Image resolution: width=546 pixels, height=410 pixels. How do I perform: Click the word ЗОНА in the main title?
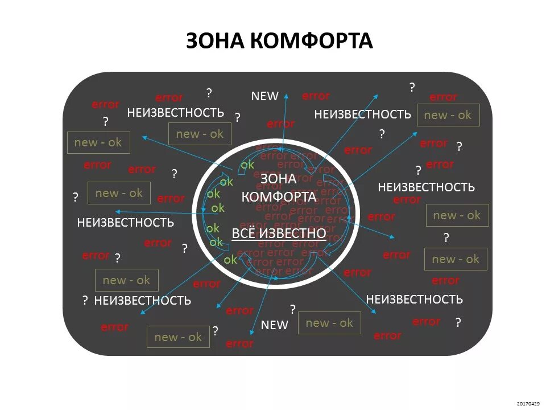click(x=215, y=40)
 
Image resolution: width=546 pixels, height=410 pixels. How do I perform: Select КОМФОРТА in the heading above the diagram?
click(x=311, y=40)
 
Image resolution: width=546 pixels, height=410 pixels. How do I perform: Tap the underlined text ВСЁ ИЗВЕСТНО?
click(x=279, y=233)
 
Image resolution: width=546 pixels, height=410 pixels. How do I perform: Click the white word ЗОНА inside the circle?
click(x=278, y=178)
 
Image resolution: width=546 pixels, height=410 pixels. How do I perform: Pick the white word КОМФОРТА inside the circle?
click(x=279, y=197)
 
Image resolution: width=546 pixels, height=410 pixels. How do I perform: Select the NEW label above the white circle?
click(x=264, y=96)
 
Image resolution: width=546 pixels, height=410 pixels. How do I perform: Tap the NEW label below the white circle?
click(x=275, y=325)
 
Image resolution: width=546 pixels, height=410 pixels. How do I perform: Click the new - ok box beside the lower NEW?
click(x=329, y=323)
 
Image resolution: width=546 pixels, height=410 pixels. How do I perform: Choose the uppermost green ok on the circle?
click(x=247, y=165)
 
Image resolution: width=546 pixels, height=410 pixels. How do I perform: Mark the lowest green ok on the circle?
click(x=230, y=260)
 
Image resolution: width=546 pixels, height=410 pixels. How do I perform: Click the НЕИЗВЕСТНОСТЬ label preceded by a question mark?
click(x=142, y=300)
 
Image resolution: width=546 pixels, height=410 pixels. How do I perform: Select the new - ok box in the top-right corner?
click(x=448, y=115)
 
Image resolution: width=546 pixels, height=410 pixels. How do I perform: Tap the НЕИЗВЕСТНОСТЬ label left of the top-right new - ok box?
click(x=362, y=114)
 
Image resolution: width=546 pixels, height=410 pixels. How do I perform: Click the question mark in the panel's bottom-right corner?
click(x=458, y=322)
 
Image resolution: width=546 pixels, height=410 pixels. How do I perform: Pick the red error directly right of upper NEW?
click(x=316, y=96)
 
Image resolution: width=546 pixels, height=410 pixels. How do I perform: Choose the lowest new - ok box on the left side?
click(x=178, y=337)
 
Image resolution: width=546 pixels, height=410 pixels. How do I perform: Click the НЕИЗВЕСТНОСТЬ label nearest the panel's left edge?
click(x=125, y=222)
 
